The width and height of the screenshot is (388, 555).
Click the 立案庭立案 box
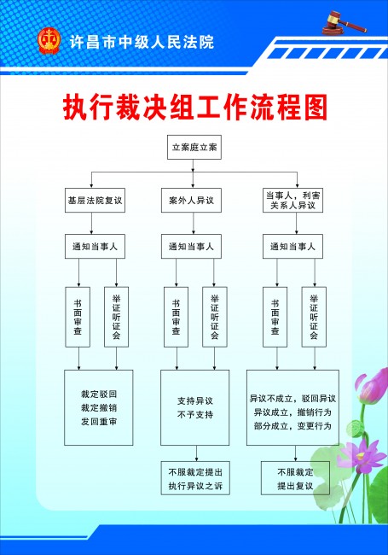tap(194, 147)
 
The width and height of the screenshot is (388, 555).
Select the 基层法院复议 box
tap(95, 201)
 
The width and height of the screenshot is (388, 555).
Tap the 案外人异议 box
tap(191, 201)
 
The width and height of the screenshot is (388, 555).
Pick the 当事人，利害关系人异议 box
tap(292, 201)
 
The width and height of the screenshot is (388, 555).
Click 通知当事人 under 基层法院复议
tap(95, 247)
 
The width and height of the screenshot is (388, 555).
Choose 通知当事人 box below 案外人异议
tap(191, 247)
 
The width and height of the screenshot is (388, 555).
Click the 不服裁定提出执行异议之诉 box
tap(195, 478)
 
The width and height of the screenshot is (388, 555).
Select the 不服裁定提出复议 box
tap(295, 478)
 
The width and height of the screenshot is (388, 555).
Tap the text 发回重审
tap(99, 422)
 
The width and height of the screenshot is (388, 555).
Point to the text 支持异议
tap(195, 401)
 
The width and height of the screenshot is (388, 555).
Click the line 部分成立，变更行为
tap(292, 426)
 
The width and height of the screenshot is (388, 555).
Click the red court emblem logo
tap(49, 42)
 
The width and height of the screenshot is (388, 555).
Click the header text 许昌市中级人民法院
tap(142, 43)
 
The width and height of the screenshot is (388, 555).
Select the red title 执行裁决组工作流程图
tap(195, 108)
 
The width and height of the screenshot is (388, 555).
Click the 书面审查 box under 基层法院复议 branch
tap(78, 317)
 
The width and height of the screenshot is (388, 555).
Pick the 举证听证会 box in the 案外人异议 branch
tap(215, 317)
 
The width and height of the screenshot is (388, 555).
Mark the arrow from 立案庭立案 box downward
tap(193, 166)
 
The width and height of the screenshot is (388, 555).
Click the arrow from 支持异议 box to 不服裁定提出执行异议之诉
tap(196, 453)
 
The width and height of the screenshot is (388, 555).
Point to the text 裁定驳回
tap(99, 394)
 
